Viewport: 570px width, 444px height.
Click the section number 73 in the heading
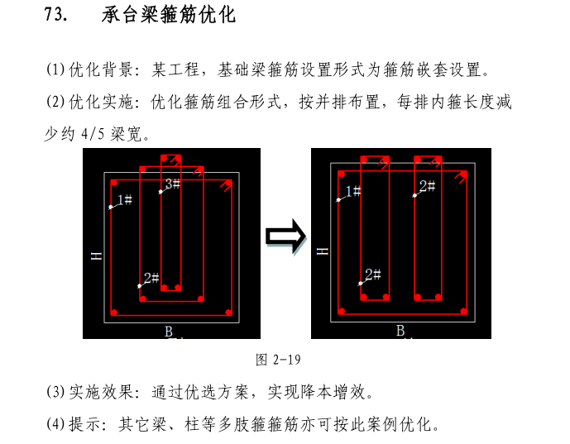[x=55, y=16]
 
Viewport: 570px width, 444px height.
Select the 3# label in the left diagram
[x=172, y=184]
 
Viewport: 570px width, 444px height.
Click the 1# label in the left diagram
[x=124, y=199]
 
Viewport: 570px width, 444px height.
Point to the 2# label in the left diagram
[x=151, y=278]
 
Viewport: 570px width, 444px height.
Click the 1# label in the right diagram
[x=352, y=192]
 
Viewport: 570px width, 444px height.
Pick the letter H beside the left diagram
[x=96, y=257]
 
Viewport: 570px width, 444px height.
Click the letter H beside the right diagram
[x=323, y=251]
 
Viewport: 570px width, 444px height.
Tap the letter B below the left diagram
[x=168, y=332]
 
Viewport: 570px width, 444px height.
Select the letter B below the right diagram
[x=400, y=331]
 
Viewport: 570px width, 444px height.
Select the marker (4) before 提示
[x=55, y=425]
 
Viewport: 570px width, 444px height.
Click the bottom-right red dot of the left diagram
[x=228, y=313]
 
